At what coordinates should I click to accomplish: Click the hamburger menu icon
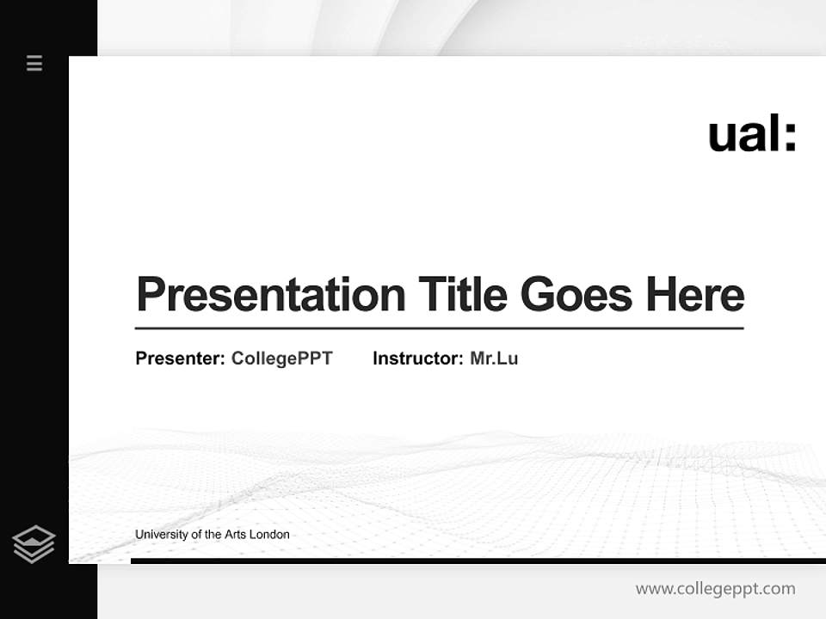point(34,63)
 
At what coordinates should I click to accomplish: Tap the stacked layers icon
point(34,544)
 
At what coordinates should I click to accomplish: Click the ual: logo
point(752,134)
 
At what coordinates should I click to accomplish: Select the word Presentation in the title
point(270,294)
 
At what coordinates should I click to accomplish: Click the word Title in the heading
point(462,294)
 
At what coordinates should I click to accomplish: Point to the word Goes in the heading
point(576,294)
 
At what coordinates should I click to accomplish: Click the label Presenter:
point(180,359)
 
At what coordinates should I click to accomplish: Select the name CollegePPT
point(281,359)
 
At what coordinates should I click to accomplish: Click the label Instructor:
point(417,359)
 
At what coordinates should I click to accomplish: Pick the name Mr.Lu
point(494,359)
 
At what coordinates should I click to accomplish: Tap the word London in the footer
point(269,535)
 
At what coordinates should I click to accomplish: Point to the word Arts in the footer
point(235,535)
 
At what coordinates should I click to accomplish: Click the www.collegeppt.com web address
point(715,589)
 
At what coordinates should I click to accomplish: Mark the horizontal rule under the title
point(439,328)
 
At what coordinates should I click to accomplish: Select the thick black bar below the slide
point(478,561)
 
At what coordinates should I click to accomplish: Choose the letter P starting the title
point(151,294)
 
